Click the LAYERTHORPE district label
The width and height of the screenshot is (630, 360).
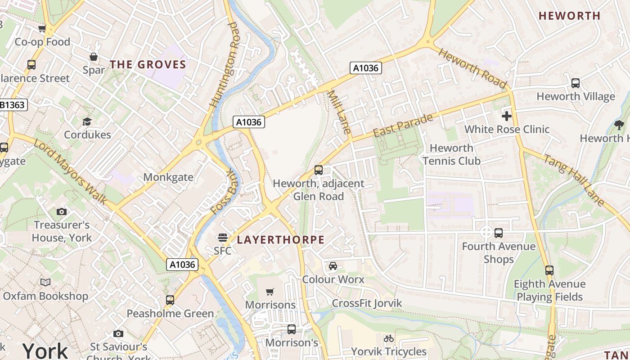coord(280,240)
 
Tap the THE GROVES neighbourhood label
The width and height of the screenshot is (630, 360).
coord(148,64)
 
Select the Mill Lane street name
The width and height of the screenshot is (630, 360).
coord(339,112)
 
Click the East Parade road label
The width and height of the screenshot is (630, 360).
coord(403,126)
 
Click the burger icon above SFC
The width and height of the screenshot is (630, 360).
coord(222,237)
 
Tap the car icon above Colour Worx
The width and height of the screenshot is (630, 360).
coord(333,265)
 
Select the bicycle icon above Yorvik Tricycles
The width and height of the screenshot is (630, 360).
coord(389,338)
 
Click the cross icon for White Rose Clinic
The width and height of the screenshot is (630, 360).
coord(507,116)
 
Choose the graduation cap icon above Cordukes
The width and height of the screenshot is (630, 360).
coord(87,121)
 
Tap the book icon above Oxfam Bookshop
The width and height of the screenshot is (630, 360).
coord(45,282)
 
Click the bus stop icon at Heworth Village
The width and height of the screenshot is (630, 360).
coord(575,83)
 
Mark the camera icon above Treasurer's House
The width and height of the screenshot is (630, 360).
coord(62,211)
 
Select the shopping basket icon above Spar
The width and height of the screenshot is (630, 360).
coord(94,57)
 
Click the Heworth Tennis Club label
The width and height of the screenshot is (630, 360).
coord(451,154)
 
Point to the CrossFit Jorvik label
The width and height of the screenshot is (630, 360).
coord(367,303)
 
